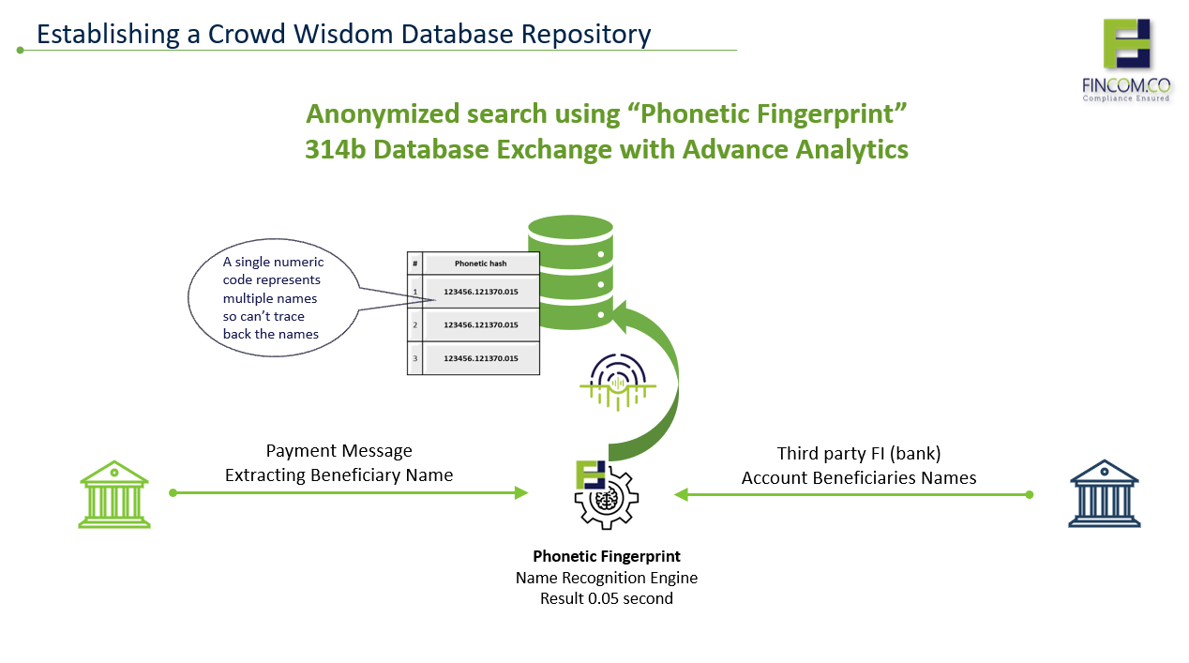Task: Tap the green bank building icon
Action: (114, 494)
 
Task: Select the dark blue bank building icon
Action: (1105, 493)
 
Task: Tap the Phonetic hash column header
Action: (481, 264)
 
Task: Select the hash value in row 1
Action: (481, 292)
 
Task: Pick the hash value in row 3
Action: (481, 358)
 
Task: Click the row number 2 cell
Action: (415, 324)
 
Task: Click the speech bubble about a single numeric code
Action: (272, 298)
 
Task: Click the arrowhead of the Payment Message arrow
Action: (521, 492)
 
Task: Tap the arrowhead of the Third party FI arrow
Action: (682, 494)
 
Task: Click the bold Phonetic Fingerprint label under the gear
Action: (607, 556)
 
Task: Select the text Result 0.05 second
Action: (607, 598)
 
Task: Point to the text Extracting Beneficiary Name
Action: (339, 475)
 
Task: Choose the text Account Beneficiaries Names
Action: (859, 478)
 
